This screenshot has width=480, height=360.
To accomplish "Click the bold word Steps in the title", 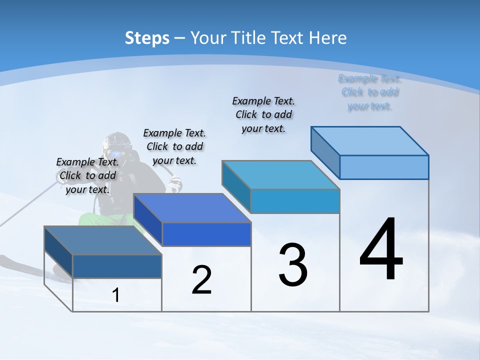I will click(x=147, y=38).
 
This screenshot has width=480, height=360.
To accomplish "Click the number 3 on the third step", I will click(x=293, y=265).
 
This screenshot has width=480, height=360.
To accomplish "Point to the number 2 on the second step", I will click(x=201, y=280).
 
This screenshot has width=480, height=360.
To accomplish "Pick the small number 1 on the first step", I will click(x=116, y=295).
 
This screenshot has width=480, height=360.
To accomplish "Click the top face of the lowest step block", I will click(x=103, y=240).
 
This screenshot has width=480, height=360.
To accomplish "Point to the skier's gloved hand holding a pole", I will click(x=175, y=185).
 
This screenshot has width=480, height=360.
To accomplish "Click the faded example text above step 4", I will click(x=369, y=92).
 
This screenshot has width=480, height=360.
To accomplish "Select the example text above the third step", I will click(x=263, y=114).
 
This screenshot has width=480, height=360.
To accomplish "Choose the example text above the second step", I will click(x=174, y=146).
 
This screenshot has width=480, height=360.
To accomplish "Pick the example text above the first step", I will click(x=87, y=175).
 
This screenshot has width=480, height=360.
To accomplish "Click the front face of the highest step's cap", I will click(x=384, y=167).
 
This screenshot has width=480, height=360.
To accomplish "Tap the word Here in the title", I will click(x=328, y=38).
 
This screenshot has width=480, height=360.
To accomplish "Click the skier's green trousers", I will click(x=100, y=220).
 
